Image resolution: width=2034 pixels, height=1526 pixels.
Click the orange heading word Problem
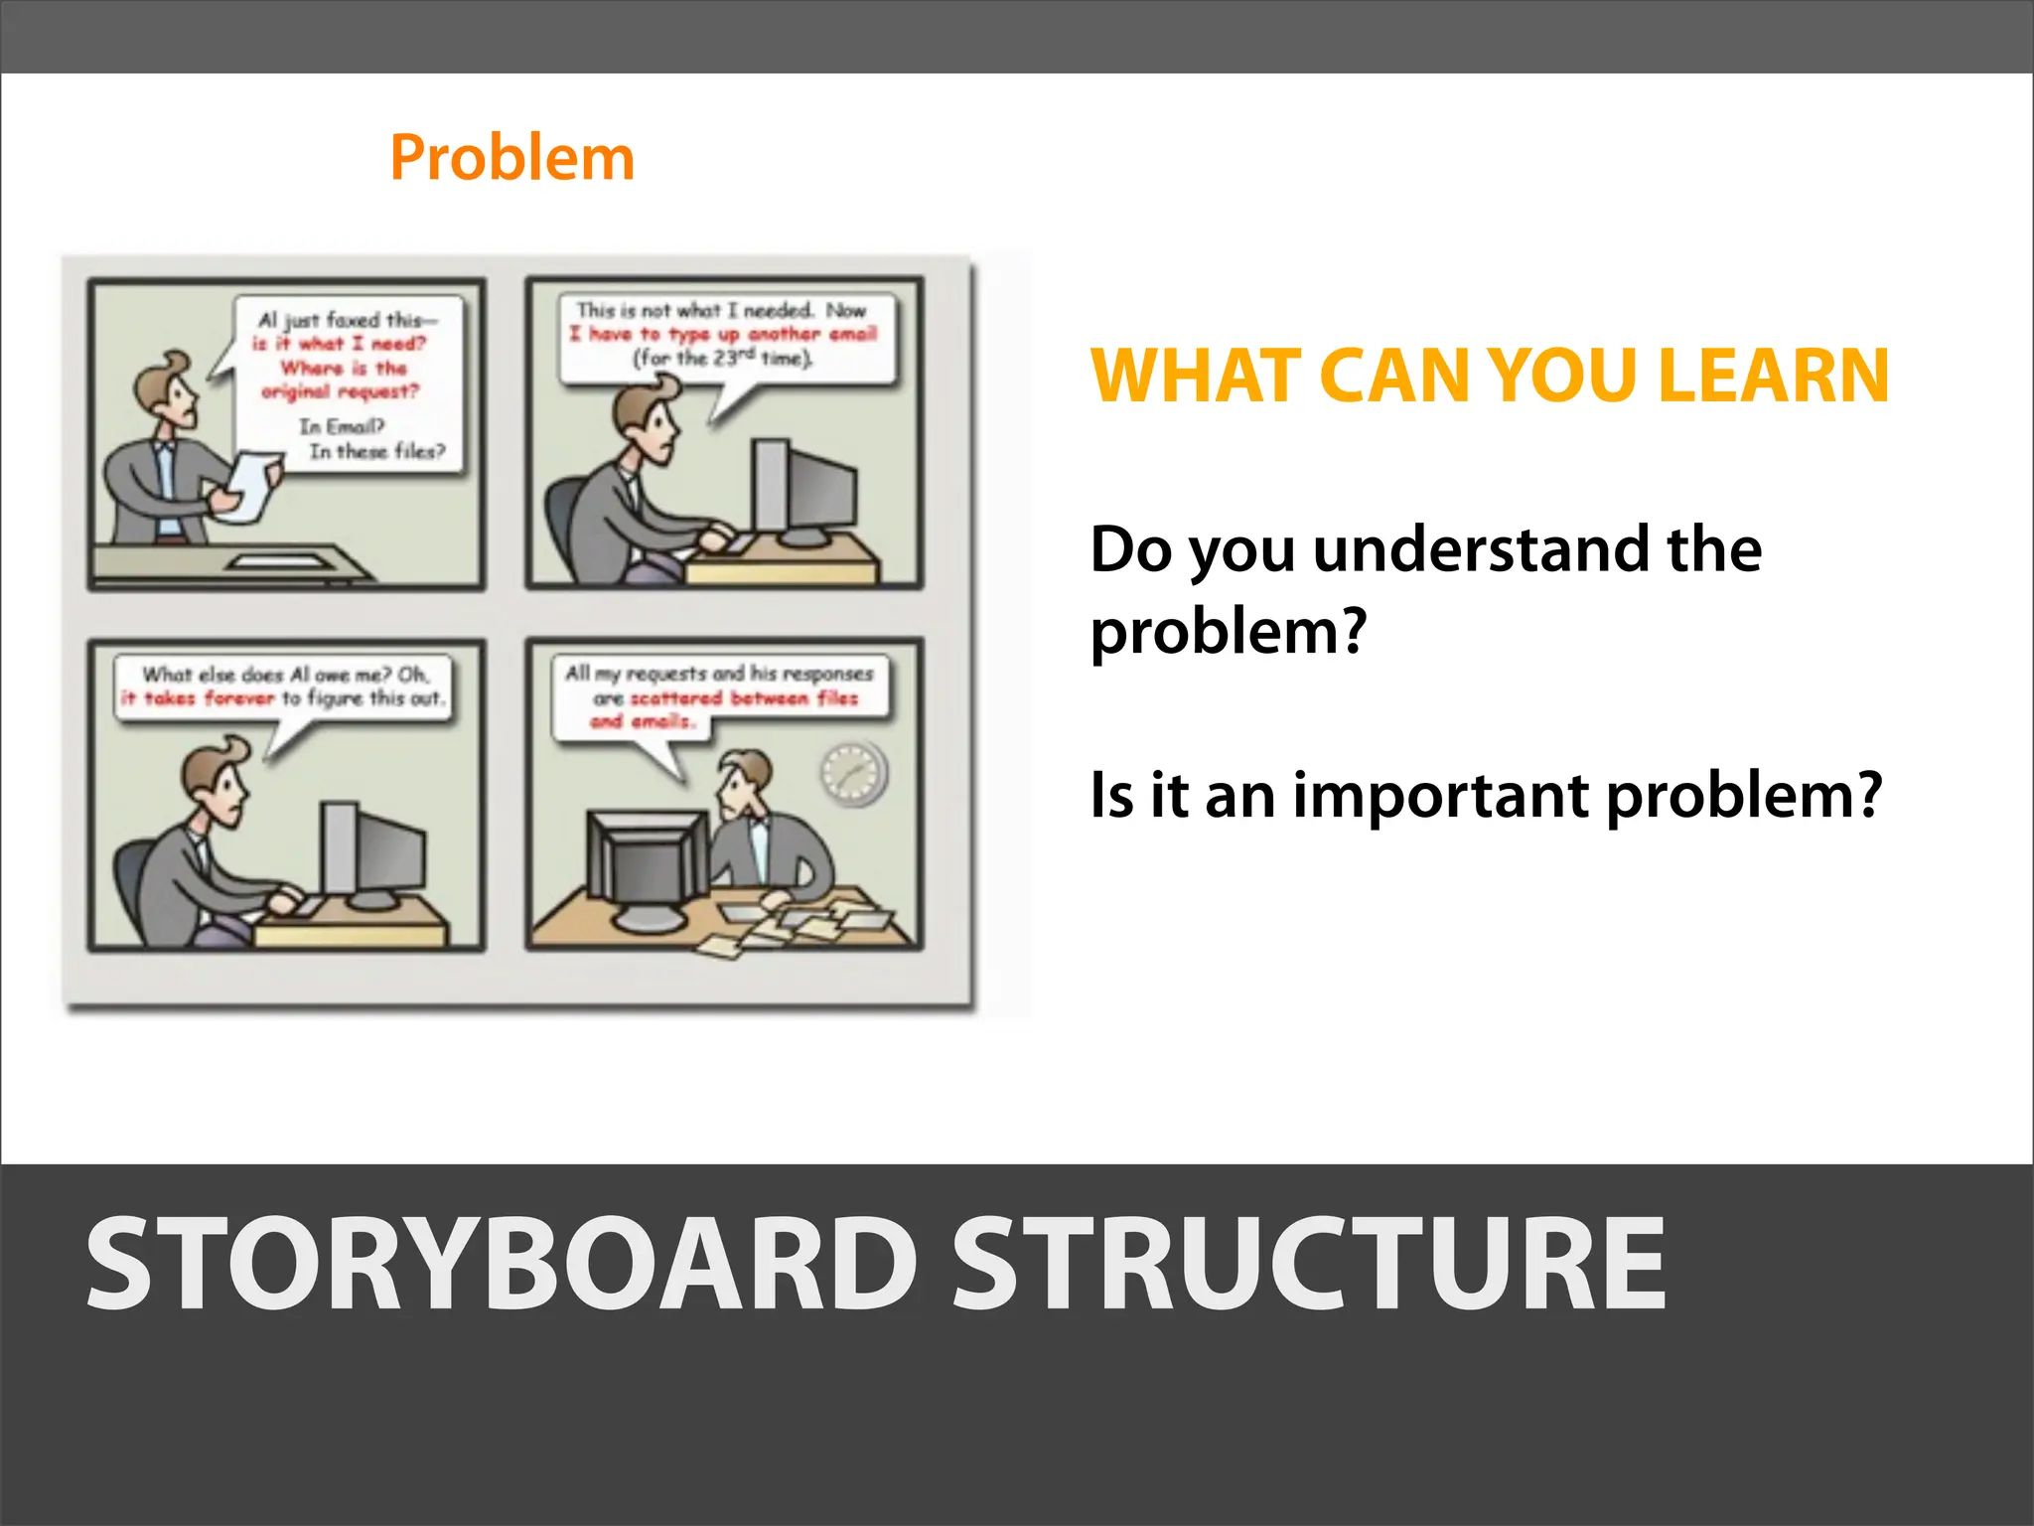tap(511, 159)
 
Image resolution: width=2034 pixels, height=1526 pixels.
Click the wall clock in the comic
tap(852, 773)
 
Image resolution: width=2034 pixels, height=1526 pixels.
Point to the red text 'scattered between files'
tap(744, 698)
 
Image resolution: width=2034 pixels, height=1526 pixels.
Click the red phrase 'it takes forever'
tap(197, 698)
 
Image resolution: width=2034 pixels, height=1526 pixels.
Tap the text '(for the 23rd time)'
tap(723, 358)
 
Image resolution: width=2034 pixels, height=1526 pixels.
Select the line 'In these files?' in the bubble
tap(377, 451)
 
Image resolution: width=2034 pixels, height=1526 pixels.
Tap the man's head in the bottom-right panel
tap(745, 780)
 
